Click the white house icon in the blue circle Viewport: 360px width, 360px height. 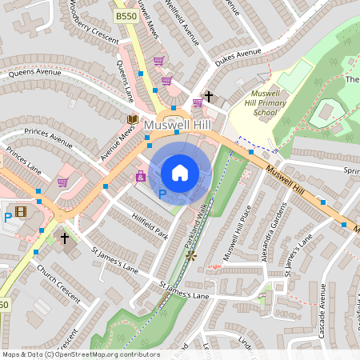(x=180, y=173)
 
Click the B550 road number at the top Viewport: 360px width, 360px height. (x=126, y=16)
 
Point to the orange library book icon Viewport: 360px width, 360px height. (x=132, y=119)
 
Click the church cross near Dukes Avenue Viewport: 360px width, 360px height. (x=209, y=97)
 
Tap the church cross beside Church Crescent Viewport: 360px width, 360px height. (x=66, y=238)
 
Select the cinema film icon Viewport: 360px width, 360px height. (x=21, y=212)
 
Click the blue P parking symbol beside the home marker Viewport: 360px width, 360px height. (x=162, y=194)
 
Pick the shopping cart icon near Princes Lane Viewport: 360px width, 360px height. (x=62, y=182)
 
